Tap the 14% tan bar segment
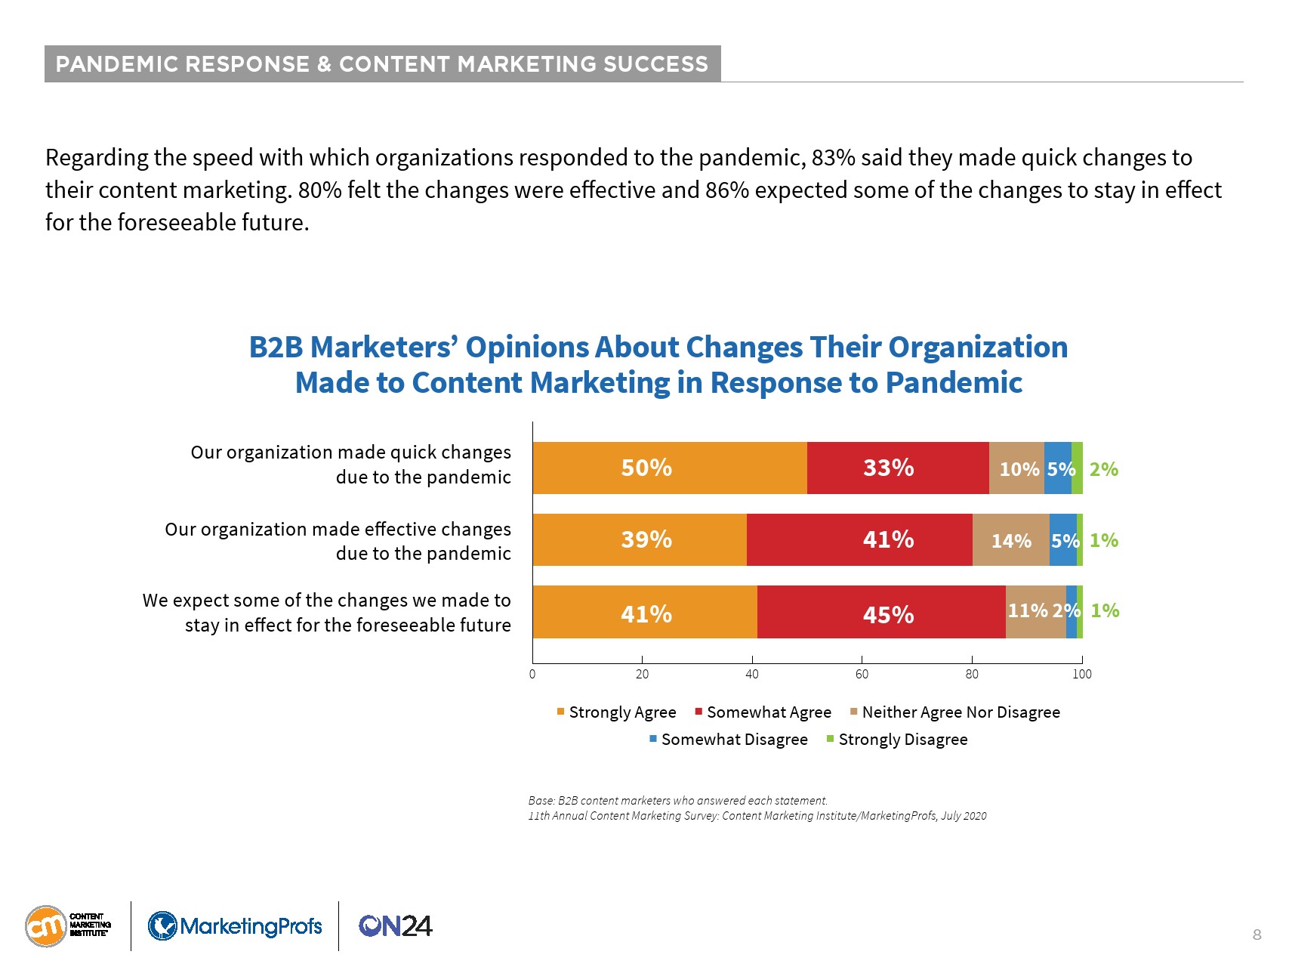1010,540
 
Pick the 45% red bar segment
880,613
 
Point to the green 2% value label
1103,469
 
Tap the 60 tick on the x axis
862,674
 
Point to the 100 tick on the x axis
1081,674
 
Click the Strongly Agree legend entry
616,712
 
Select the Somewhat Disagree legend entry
728,740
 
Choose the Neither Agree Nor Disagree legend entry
954,712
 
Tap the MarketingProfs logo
235,926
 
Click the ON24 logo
395,926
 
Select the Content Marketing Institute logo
68,926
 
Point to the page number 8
1257,935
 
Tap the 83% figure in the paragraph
833,158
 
